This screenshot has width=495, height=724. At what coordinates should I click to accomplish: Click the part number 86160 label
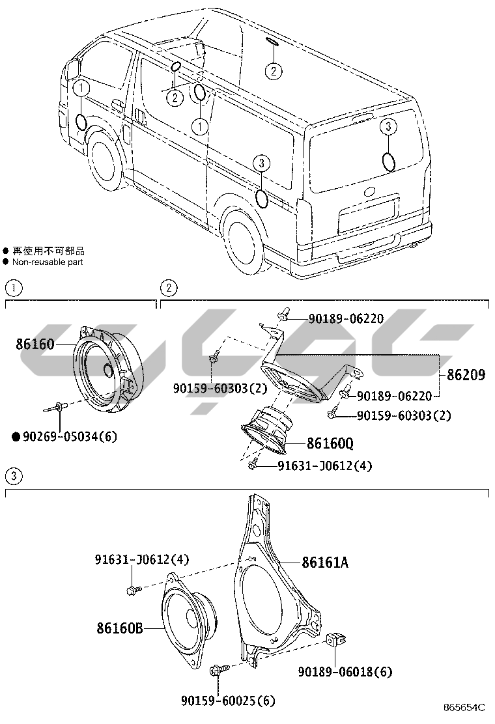pos(35,344)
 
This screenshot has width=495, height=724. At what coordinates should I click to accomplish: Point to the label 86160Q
pos(330,445)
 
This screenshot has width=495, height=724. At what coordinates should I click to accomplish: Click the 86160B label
pos(120,628)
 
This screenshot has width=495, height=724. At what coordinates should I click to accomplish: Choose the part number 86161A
pos(324,562)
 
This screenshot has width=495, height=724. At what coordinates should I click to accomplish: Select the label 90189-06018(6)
pos(345,671)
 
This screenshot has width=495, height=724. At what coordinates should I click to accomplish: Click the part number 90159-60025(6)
pos(228,701)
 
